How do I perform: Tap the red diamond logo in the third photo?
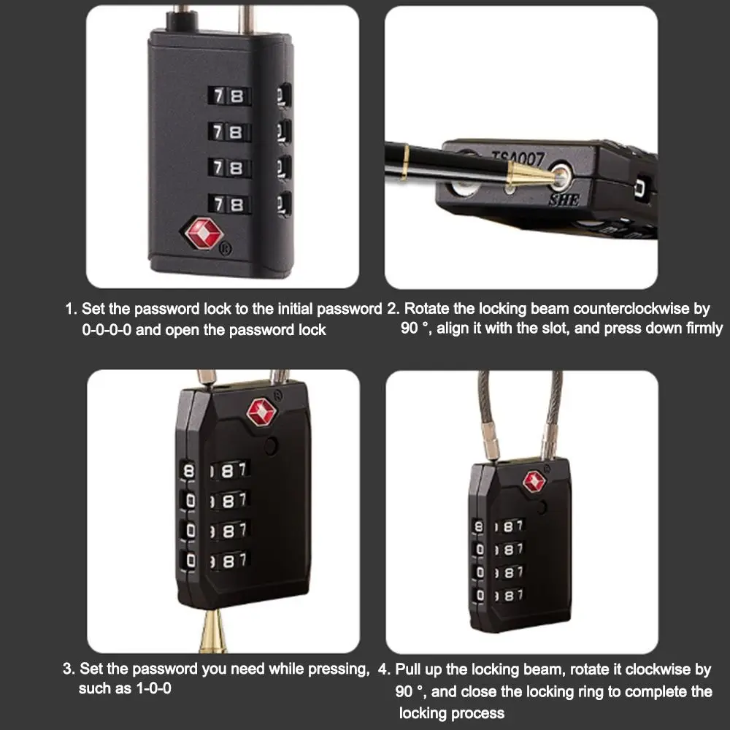coord(261,412)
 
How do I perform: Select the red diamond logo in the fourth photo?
coord(534,481)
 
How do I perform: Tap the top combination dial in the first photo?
coord(228,96)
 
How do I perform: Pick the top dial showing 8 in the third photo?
coord(191,471)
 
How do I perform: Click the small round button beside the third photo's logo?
coord(272,447)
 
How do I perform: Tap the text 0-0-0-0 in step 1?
coord(107,329)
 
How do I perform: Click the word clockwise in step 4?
coord(653,669)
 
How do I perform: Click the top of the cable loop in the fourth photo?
coord(520,374)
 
